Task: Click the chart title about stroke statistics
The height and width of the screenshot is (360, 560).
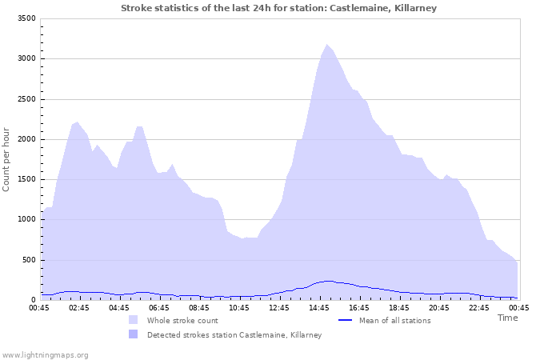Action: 279,8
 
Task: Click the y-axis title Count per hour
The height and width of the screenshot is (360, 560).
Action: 7,159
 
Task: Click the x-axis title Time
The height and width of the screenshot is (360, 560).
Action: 507,318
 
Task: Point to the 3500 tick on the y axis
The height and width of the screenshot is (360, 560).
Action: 26,18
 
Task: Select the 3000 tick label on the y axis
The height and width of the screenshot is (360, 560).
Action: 26,58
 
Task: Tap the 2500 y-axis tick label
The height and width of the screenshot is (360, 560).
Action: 26,99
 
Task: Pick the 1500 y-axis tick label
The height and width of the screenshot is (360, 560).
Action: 26,179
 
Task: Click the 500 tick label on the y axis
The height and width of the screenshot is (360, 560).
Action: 28,260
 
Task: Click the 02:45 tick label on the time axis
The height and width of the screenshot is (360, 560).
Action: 79,307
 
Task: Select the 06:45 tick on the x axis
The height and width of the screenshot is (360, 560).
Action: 159,307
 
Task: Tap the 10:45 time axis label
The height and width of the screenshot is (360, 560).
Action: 239,307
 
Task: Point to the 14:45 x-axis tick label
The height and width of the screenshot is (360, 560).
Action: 319,307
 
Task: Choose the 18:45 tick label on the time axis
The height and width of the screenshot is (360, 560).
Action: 399,307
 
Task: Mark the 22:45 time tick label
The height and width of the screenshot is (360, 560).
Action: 479,307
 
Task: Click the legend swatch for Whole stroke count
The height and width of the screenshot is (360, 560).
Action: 133,320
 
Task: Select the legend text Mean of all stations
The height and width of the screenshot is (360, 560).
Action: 394,320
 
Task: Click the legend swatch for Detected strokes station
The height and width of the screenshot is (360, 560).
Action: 133,334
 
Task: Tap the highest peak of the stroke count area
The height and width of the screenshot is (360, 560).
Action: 326,45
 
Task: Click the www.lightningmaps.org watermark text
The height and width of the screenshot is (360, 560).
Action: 46,354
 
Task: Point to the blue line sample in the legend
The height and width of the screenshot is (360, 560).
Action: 346,320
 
